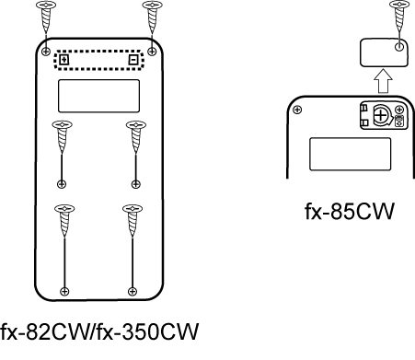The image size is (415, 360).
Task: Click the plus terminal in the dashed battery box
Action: coord(63,60)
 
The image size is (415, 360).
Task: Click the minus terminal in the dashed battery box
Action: coord(133,60)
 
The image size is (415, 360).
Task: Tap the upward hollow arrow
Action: coord(383,81)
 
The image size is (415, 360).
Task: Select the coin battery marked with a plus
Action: coord(381,115)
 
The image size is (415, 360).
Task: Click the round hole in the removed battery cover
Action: coord(399,47)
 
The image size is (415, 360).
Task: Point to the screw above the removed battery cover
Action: coord(399,16)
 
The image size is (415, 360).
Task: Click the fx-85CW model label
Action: coord(349,211)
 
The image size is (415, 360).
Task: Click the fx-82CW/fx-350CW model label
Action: coord(99,331)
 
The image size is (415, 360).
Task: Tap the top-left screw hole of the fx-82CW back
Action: coord(46,52)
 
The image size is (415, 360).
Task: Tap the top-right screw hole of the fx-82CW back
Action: coord(152,52)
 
